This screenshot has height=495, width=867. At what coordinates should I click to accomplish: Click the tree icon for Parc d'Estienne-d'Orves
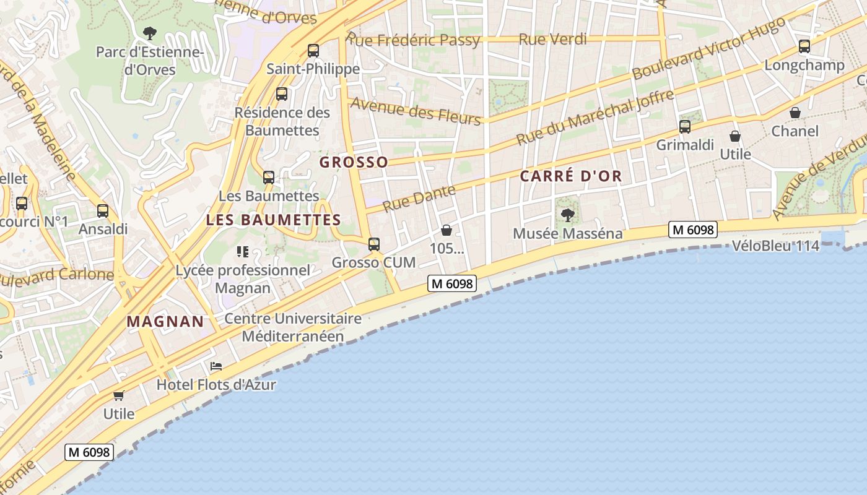coord(149,33)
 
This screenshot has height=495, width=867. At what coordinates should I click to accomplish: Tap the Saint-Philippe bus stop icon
coord(313,51)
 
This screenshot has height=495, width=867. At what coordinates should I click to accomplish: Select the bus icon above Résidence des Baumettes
coord(282,94)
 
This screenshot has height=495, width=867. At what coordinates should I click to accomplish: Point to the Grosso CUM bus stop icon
coord(374,244)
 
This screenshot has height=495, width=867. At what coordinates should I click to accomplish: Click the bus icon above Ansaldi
coord(103,211)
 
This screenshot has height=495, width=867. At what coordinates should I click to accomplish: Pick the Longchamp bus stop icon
coord(804,46)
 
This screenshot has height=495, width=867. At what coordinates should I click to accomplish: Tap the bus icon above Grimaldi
coord(685,127)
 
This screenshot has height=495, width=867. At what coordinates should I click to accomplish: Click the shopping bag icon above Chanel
coord(795,113)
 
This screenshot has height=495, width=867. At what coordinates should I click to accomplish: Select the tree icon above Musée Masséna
coord(567,215)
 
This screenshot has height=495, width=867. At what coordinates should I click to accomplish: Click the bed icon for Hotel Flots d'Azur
coord(216,366)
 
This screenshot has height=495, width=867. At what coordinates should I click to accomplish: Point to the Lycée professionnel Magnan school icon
coord(242,252)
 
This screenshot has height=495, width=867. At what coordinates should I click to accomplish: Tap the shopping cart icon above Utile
coord(118,395)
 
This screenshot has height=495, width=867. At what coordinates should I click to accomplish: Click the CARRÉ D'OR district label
coord(570,176)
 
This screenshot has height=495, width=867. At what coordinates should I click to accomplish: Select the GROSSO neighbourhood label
coord(354,162)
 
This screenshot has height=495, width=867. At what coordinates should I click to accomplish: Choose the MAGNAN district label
coord(165,322)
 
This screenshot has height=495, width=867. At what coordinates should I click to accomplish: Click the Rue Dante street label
coord(419,198)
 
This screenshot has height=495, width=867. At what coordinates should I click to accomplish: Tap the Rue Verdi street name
coord(552,40)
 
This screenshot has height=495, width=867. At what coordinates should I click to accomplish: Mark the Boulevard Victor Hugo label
coord(709,48)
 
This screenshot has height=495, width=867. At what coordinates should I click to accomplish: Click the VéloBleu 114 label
coord(775,246)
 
